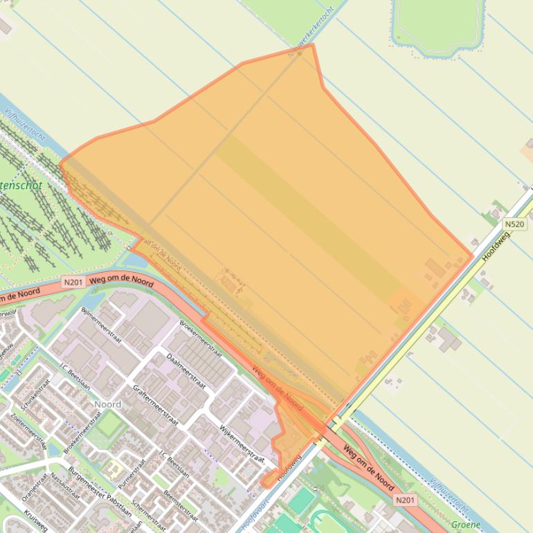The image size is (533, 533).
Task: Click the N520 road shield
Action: (x=514, y=224)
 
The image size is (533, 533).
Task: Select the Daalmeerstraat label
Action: (x=186, y=370)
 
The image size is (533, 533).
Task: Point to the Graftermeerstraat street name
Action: (x=155, y=405)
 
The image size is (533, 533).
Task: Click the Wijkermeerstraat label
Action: (x=242, y=443)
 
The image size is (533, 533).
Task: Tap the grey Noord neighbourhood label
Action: (x=107, y=404)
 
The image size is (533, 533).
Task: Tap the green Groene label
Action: (x=465, y=525)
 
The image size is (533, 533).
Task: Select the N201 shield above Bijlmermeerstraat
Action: (x=73, y=282)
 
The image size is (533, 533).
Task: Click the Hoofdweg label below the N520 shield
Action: (x=496, y=246)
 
